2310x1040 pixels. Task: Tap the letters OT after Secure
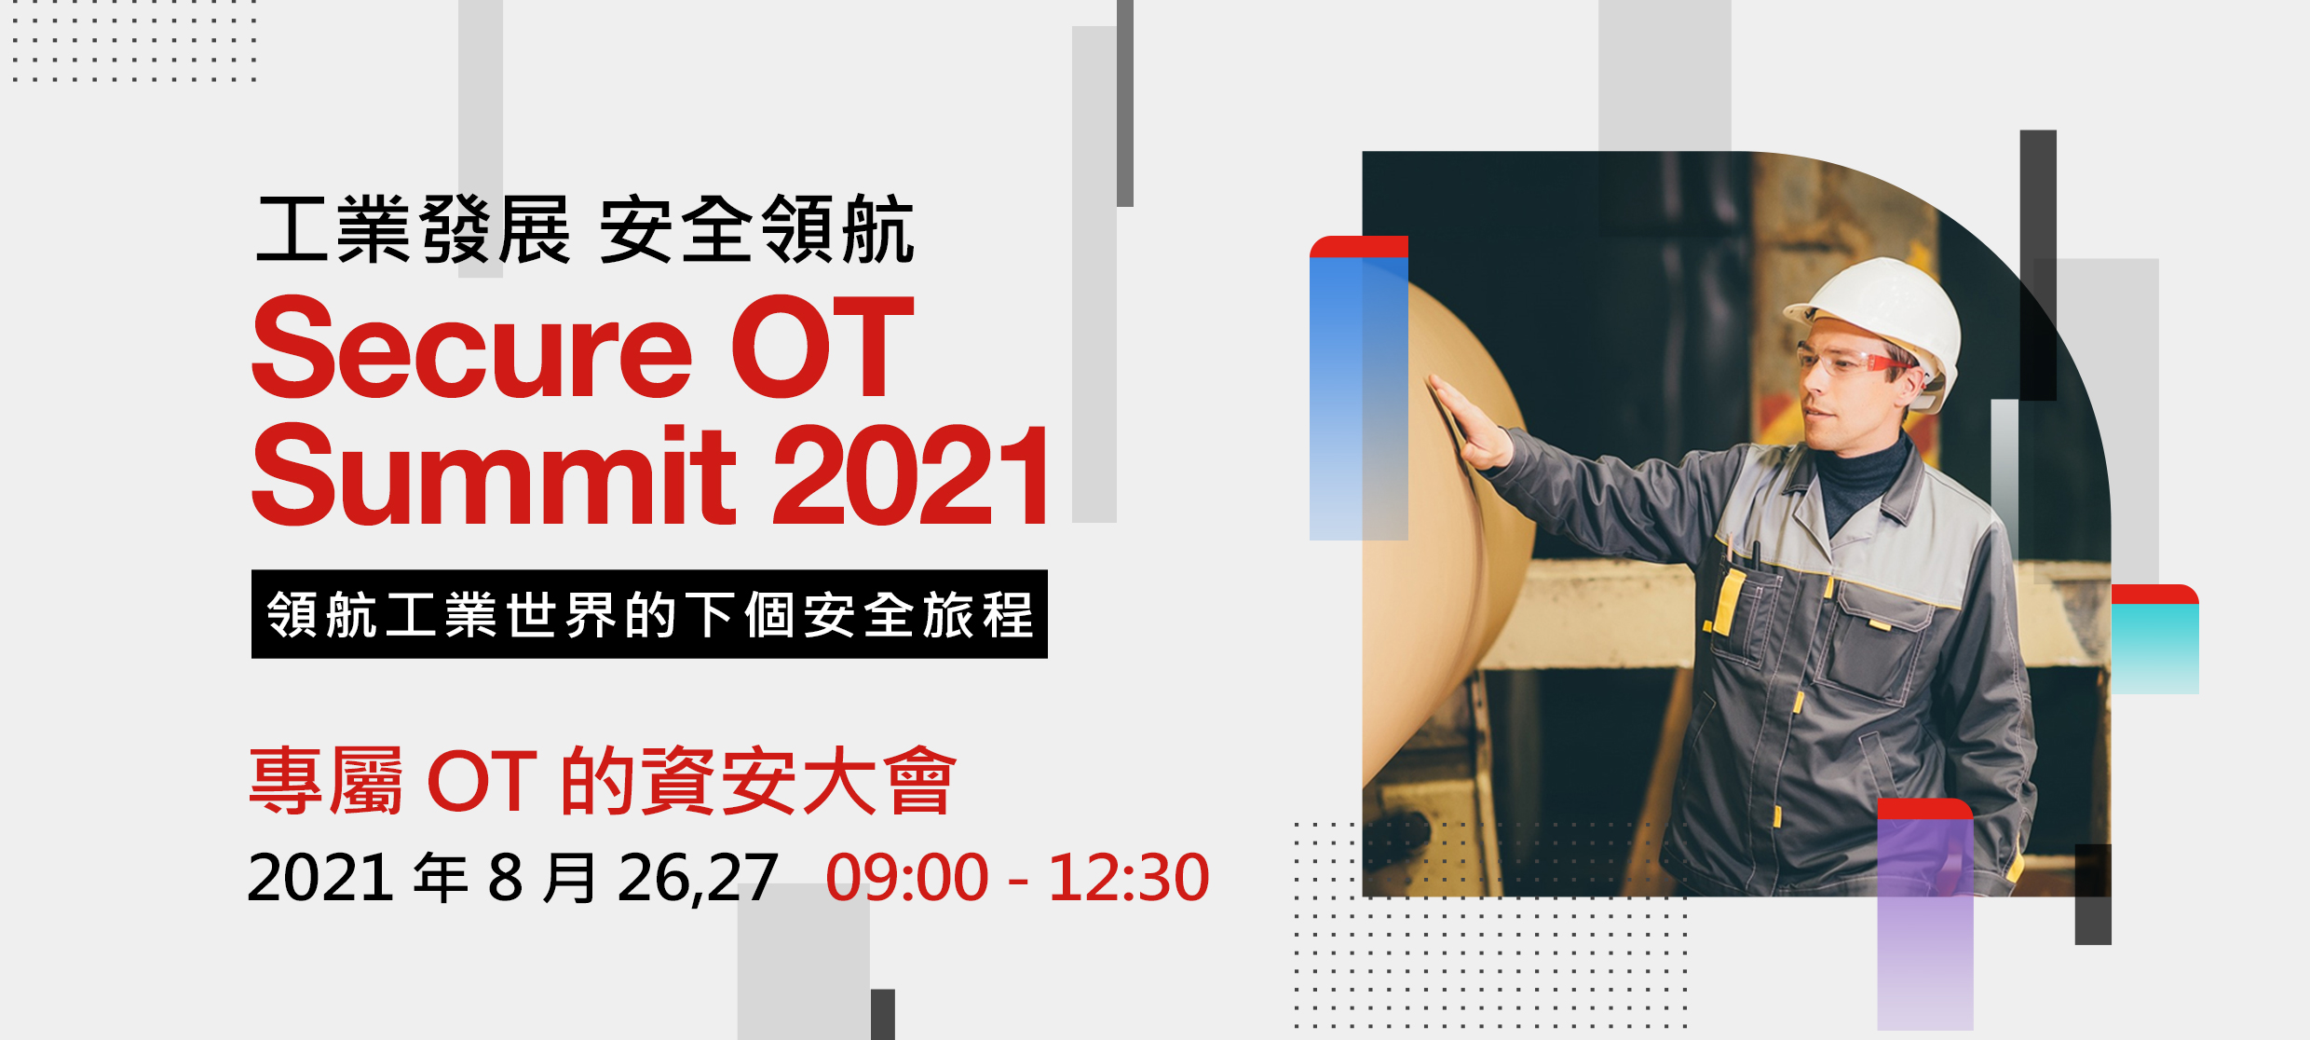click(x=822, y=348)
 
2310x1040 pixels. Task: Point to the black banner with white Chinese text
click(x=649, y=614)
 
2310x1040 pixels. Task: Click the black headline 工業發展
click(x=414, y=230)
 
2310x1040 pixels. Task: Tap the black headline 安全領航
click(x=756, y=230)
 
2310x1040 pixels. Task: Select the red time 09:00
click(x=906, y=878)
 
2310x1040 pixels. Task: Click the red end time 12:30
click(x=1128, y=878)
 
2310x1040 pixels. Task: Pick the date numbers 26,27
click(x=698, y=878)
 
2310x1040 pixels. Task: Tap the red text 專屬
click(x=327, y=781)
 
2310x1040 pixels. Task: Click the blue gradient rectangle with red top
click(x=1358, y=388)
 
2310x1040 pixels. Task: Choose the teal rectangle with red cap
click(x=2154, y=639)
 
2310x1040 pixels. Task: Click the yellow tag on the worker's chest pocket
click(x=1731, y=601)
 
